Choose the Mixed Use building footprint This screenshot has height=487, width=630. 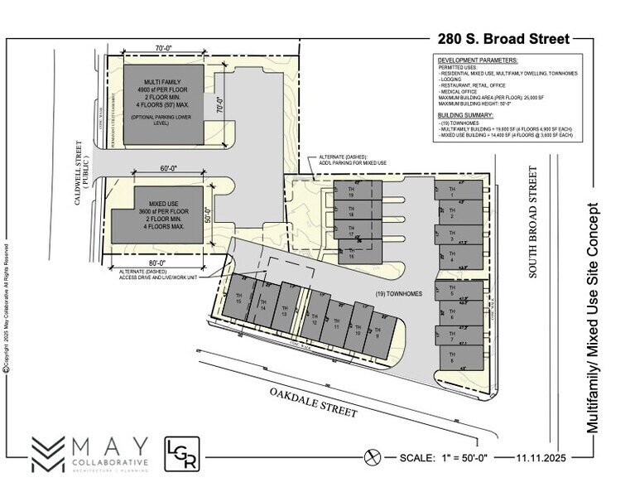[x=158, y=215]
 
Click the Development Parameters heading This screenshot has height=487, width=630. [x=477, y=61]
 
